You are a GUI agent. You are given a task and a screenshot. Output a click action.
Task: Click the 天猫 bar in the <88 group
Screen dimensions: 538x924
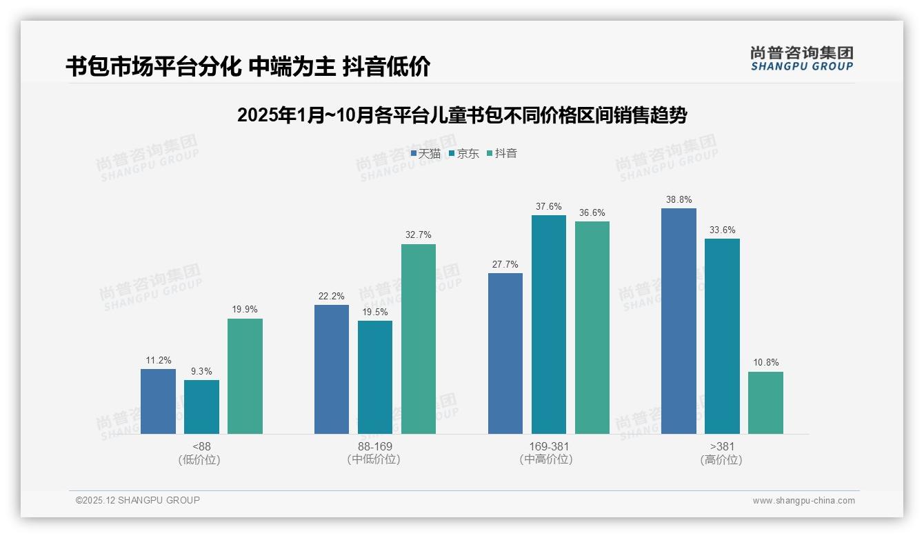[x=158, y=401]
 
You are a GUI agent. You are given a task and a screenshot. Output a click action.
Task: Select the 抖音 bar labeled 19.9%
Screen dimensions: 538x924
[x=245, y=376]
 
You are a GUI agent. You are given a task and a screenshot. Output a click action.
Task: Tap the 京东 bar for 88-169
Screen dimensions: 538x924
[x=374, y=377]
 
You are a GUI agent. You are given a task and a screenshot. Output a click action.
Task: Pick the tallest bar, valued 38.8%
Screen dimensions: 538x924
[x=679, y=321]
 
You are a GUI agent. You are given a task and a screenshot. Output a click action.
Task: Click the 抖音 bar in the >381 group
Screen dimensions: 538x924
[x=765, y=403]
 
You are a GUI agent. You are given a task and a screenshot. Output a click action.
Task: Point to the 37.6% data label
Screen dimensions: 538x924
[x=548, y=206]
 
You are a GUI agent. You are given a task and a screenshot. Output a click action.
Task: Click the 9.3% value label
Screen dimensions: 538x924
[x=201, y=371]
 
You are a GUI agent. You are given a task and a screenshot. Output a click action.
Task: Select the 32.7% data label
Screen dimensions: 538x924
[x=418, y=235]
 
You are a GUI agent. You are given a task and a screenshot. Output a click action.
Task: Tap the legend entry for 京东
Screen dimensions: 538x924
[x=463, y=154]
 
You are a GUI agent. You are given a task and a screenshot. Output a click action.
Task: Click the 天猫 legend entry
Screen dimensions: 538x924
[x=425, y=154]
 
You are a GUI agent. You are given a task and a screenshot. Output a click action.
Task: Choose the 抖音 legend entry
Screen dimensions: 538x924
[x=502, y=154]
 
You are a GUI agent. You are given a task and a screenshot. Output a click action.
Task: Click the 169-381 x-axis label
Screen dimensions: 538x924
[x=548, y=446]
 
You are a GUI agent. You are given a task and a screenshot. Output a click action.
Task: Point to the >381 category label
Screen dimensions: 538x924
[x=721, y=446]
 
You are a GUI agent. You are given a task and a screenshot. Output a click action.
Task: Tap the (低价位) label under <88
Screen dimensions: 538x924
[x=201, y=459]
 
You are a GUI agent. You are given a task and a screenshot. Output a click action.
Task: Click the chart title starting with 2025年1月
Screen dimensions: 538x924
[x=461, y=115]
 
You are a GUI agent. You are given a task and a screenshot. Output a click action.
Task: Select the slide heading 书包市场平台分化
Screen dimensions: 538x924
[x=248, y=66]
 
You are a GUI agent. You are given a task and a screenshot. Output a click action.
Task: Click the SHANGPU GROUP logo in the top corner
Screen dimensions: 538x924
[x=801, y=59]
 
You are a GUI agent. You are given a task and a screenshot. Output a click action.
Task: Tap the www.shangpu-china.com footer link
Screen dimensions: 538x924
[x=803, y=501]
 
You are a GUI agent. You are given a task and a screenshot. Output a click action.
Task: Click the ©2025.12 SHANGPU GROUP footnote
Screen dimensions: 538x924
[x=138, y=501]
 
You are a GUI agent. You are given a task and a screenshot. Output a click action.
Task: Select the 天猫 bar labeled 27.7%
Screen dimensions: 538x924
[x=505, y=353]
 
